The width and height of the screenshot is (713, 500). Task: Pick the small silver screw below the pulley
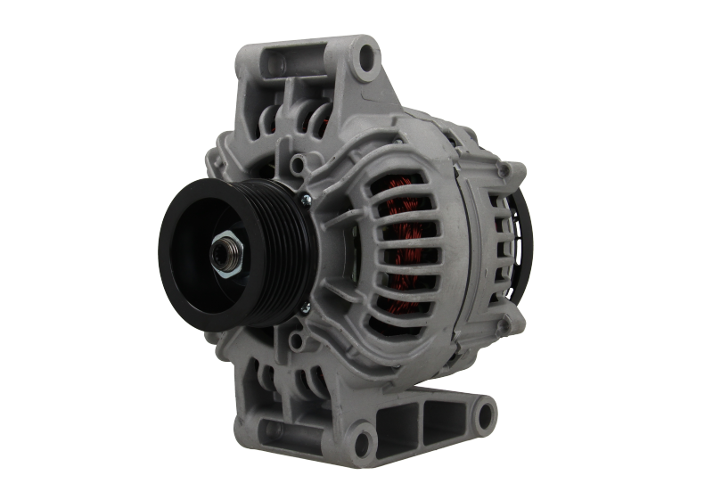[306, 309]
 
